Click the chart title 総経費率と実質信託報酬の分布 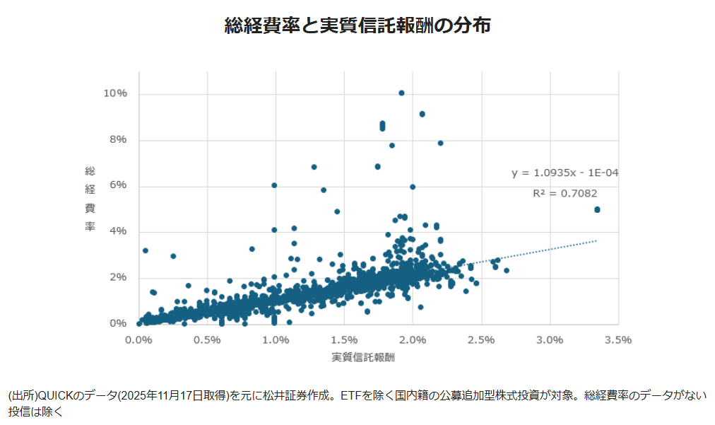[x=357, y=25]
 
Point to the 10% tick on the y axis [x=114, y=93]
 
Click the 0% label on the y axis [x=117, y=323]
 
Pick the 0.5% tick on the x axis [x=207, y=340]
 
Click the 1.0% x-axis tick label [x=276, y=340]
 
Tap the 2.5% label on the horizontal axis [x=481, y=340]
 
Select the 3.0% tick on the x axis [x=550, y=340]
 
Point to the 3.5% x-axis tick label [x=618, y=340]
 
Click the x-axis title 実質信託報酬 [x=363, y=357]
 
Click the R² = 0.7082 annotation [x=565, y=192]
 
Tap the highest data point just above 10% [x=401, y=93]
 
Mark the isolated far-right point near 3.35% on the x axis [x=597, y=209]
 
